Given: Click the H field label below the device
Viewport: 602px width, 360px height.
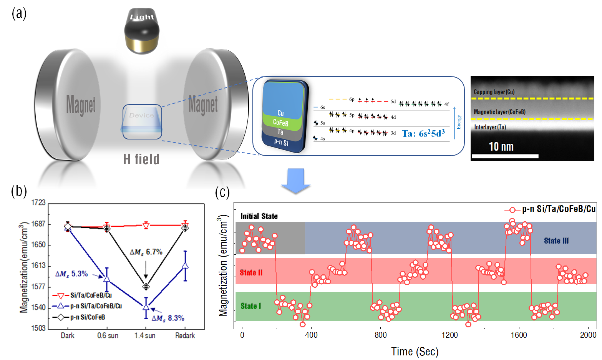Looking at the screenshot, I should (x=141, y=159).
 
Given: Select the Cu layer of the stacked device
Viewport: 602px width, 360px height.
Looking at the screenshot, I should (x=281, y=113).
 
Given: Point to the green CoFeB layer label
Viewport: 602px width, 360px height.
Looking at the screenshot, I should (x=280, y=123).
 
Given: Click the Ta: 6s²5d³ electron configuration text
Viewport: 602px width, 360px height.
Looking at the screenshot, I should (x=423, y=133).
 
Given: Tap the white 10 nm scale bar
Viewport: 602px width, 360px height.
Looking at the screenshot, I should (x=504, y=156).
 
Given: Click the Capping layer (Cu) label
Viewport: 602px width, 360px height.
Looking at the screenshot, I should (x=494, y=92).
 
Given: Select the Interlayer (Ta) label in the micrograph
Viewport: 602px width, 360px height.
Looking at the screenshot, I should (x=490, y=127).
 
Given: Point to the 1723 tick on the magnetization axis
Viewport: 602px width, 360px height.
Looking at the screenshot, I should (x=38, y=202).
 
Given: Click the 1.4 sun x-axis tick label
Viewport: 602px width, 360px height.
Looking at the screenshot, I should (x=145, y=335).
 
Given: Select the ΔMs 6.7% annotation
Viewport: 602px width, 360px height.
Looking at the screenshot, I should (x=146, y=252).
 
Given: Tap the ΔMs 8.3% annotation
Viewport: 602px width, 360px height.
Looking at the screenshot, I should (x=168, y=318).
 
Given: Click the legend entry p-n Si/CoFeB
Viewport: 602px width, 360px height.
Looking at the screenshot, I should (x=87, y=317).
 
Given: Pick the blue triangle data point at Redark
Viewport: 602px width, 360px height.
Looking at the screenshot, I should (x=185, y=265).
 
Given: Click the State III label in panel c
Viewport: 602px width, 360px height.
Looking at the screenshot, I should (x=556, y=241).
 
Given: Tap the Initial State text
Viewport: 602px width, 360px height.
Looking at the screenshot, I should (x=259, y=216).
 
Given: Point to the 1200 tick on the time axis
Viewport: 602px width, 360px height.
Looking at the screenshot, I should (x=449, y=335).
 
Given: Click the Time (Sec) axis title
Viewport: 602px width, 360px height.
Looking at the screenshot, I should (x=415, y=352).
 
